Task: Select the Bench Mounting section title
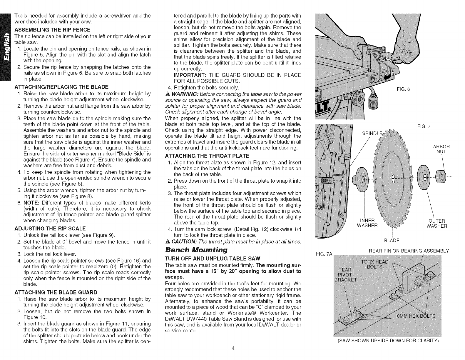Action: click(196, 250)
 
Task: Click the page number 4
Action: click(232, 349)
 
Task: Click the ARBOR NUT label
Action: click(441, 149)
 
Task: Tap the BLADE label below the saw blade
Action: click(392, 240)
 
